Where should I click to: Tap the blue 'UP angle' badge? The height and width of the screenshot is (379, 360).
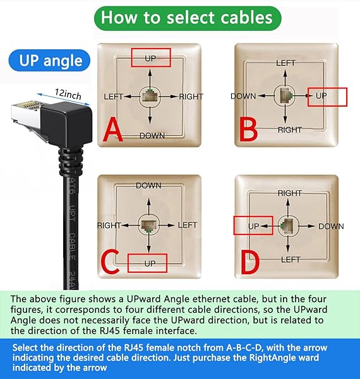click(51, 61)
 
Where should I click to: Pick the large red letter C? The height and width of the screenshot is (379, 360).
click(111, 265)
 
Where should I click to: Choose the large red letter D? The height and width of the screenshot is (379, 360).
click(249, 265)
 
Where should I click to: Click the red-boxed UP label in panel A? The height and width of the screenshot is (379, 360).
click(150, 57)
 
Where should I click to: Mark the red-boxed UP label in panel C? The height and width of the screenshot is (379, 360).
click(148, 263)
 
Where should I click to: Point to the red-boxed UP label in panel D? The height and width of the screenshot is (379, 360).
click(253, 226)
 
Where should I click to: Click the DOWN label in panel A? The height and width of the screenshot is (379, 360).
click(152, 135)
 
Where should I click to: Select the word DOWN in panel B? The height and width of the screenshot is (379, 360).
click(243, 97)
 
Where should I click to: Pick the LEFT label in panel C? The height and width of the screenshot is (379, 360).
click(188, 225)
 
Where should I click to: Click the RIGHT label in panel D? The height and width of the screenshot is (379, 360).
click(290, 193)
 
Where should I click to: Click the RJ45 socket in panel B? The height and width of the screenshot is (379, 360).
click(285, 97)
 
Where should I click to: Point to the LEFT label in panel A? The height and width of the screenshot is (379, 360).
click(114, 97)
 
